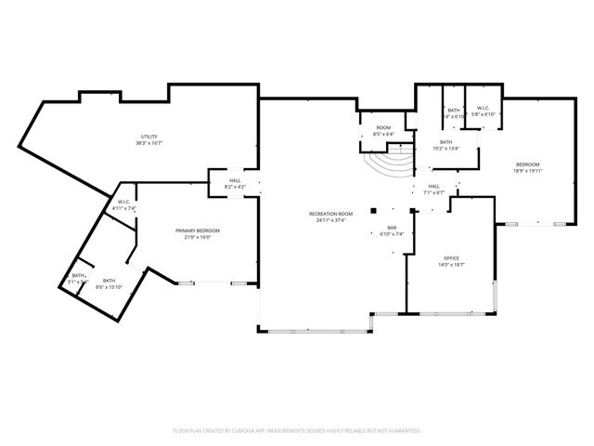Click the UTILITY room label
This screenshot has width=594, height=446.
click(148, 137)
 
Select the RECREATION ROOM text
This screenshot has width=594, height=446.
click(331, 214)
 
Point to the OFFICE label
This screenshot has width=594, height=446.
click(451, 258)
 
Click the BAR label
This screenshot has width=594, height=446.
click(392, 229)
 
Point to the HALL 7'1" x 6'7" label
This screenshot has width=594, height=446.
click(433, 189)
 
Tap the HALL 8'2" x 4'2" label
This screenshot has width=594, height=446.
click(235, 184)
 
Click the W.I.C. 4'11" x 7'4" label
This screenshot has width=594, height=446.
click(123, 204)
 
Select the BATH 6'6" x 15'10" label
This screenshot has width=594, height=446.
click(109, 283)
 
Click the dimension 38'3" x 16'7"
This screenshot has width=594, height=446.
click(148, 143)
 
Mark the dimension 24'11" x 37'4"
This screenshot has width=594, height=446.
click(331, 220)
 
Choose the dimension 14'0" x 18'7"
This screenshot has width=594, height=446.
click(451, 265)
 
